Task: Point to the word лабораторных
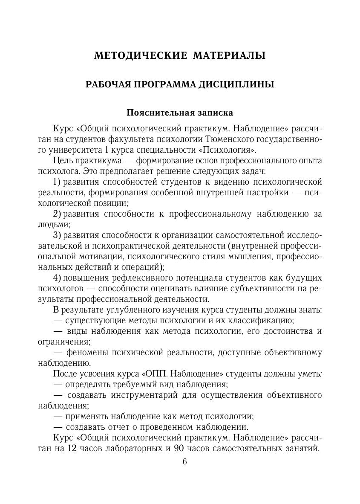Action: (139, 448)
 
